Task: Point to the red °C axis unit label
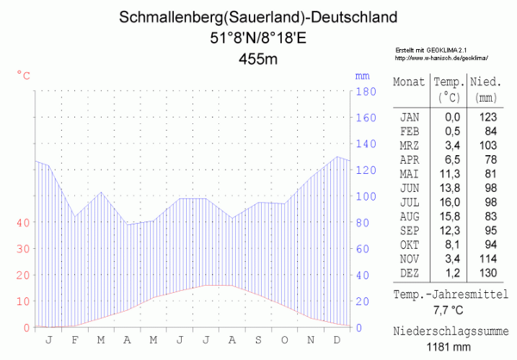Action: pos(23,75)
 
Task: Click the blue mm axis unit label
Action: pos(362,75)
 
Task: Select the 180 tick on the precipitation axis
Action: pos(364,90)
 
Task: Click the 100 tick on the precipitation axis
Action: pos(364,196)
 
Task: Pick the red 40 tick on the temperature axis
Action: pos(23,222)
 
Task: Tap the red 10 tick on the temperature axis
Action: pos(23,301)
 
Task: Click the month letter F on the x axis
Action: pos(74,339)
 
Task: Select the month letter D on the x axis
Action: pos(336,339)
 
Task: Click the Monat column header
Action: pos(408,82)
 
